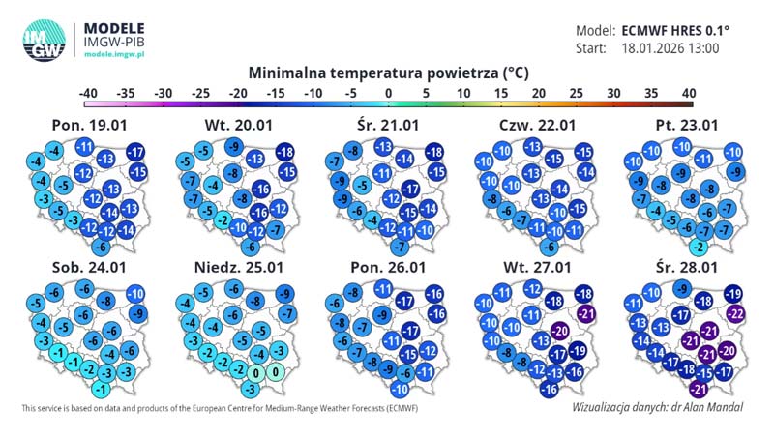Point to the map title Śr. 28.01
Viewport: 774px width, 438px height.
(x=686, y=268)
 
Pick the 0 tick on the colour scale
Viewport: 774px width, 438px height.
(x=388, y=93)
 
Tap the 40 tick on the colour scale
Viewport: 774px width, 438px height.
(x=688, y=93)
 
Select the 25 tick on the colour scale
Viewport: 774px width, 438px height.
(x=576, y=93)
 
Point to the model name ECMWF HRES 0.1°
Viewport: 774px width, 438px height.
(x=675, y=30)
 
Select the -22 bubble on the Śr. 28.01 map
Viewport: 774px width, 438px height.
(x=735, y=313)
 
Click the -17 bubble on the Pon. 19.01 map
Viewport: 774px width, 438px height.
(x=135, y=152)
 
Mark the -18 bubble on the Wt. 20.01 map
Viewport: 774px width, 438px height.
(x=284, y=152)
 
